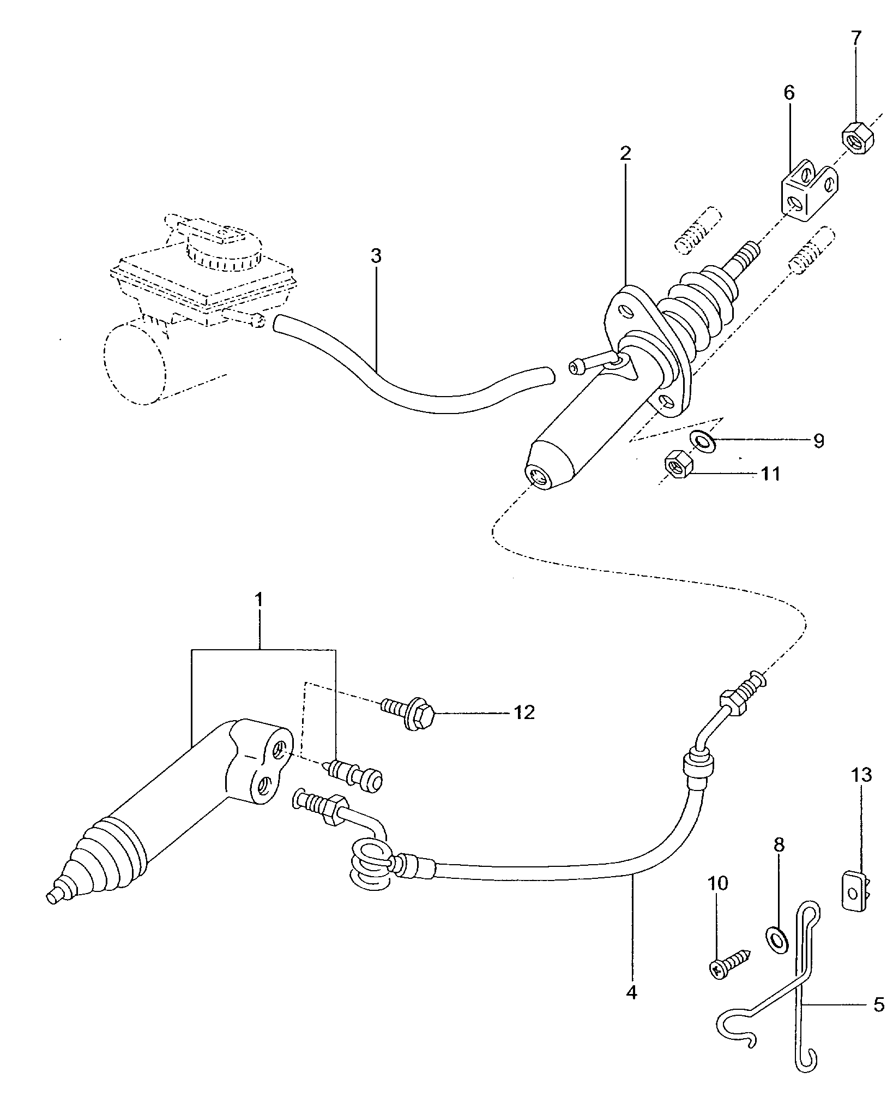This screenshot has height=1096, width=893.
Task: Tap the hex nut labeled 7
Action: click(x=858, y=143)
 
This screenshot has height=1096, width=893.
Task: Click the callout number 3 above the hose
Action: click(x=376, y=255)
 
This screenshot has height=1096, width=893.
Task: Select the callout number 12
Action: click(x=524, y=712)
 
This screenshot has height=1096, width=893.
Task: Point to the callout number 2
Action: click(x=625, y=153)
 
